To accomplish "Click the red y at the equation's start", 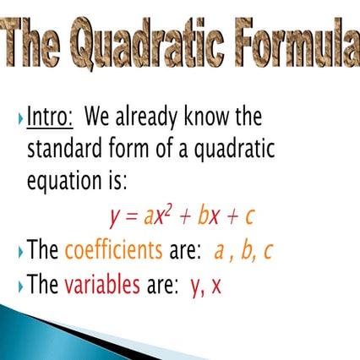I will click(114, 218).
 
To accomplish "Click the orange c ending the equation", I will click(248, 217).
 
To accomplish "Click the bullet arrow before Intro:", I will click(19, 117).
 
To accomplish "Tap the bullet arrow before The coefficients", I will click(19, 252).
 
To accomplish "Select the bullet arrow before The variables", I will click(19, 286).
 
